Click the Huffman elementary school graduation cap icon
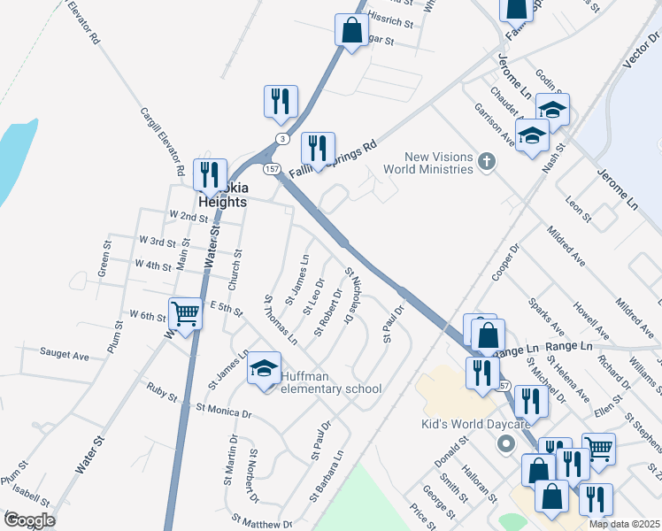(x=264, y=369)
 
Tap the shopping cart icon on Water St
(x=185, y=313)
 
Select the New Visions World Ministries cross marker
(x=485, y=162)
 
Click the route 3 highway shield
(x=281, y=139)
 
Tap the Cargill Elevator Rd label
(x=162, y=141)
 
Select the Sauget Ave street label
(x=65, y=355)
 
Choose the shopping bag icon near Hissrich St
(x=351, y=31)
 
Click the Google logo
(x=29, y=520)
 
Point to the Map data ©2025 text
(x=624, y=524)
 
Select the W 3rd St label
(x=158, y=241)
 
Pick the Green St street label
(x=104, y=263)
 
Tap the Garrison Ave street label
(x=506, y=124)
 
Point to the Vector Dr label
(x=636, y=61)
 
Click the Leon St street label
(x=578, y=208)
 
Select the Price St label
(x=418, y=515)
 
